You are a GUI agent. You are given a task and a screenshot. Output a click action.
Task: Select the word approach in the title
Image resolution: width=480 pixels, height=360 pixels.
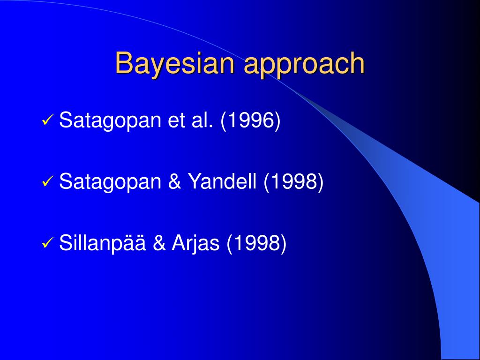(x=305, y=65)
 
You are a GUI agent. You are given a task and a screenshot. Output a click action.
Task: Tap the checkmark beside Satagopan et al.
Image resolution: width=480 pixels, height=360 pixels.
(x=47, y=120)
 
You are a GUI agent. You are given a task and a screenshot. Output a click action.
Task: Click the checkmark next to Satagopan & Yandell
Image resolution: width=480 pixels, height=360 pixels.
(x=47, y=181)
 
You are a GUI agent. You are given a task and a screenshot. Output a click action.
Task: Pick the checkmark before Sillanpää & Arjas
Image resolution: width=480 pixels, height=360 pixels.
(x=47, y=243)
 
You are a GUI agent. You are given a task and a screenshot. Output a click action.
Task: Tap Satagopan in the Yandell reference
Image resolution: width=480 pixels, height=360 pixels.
(x=110, y=182)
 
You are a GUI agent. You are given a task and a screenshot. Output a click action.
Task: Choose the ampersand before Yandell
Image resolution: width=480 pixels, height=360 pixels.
(x=174, y=181)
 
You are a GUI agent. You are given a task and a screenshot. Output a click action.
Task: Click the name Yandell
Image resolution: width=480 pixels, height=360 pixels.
(x=222, y=181)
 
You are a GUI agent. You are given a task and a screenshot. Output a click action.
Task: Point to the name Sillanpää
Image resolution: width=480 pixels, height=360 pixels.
(x=102, y=244)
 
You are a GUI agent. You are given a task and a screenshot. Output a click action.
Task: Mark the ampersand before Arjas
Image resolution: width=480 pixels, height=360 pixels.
(x=159, y=243)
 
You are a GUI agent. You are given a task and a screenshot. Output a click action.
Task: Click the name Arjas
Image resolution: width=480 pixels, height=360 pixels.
(x=195, y=244)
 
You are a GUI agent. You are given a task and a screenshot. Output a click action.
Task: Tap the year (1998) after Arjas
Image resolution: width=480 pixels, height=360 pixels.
(x=256, y=243)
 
